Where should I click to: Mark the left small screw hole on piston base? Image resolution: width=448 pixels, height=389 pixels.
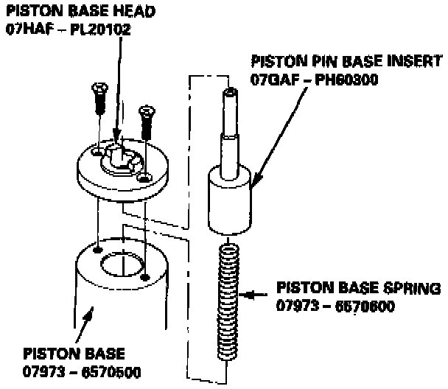98,248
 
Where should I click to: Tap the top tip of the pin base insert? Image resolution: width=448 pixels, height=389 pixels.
229,91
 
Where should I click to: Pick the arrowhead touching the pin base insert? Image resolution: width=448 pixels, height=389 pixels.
251,186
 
